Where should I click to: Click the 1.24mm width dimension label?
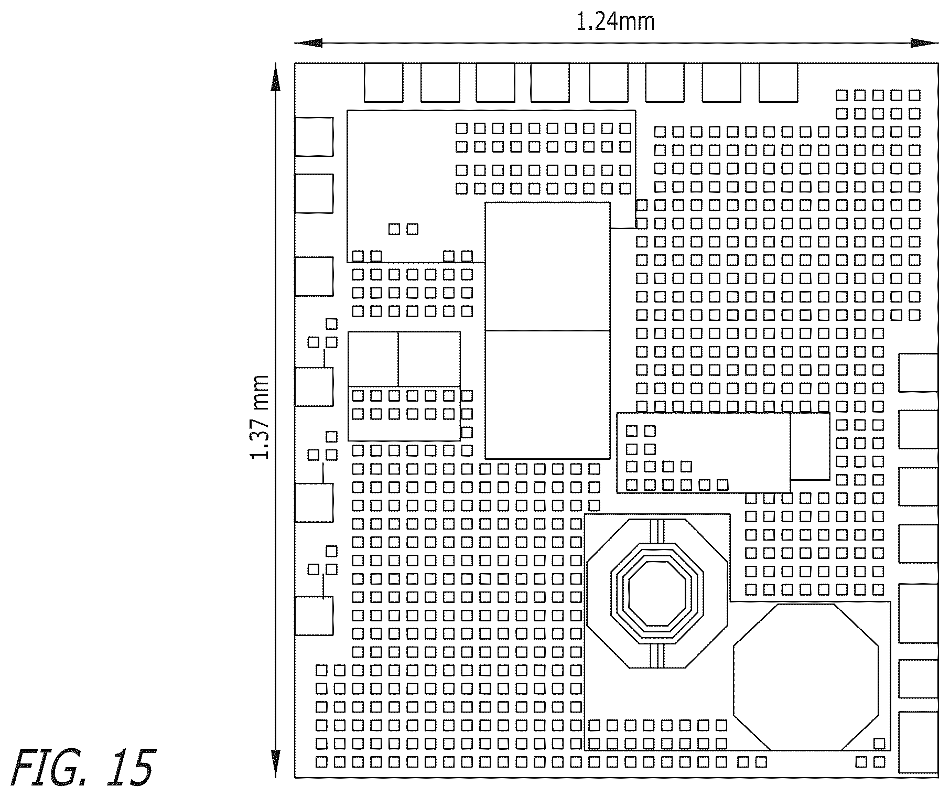(616, 22)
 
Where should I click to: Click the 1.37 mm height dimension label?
(260, 417)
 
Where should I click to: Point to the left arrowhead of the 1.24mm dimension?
(308, 43)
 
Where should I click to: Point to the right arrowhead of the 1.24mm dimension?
(925, 43)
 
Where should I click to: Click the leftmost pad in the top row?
(383, 82)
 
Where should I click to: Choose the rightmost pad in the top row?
(778, 82)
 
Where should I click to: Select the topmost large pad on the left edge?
(314, 137)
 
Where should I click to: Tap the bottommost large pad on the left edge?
(314, 616)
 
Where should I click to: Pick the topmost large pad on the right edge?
(919, 372)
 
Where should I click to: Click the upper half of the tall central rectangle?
(547, 266)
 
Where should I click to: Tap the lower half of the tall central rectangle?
(547, 395)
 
